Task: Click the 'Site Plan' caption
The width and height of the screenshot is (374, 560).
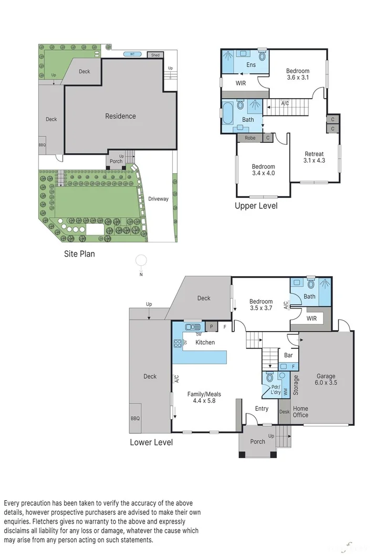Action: click(79, 254)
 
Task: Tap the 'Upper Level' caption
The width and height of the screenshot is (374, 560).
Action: click(256, 206)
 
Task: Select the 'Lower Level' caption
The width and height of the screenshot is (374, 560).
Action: click(151, 442)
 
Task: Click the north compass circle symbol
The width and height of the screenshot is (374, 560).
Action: click(142, 260)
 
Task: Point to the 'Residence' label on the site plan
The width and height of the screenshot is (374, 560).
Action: click(120, 116)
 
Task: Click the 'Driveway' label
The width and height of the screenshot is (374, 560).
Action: click(159, 199)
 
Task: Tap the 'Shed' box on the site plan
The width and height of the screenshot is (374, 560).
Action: click(155, 55)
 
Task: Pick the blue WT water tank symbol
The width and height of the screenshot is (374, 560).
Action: click(132, 54)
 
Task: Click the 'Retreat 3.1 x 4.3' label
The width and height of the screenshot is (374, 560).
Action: click(314, 157)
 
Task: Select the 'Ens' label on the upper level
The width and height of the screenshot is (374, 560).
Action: click(251, 65)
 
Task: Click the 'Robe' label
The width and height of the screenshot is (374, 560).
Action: click(250, 138)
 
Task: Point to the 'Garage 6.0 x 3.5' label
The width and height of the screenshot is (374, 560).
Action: click(326, 379)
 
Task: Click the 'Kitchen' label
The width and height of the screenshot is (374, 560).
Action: click(205, 342)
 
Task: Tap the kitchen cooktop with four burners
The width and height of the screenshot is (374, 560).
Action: click(178, 343)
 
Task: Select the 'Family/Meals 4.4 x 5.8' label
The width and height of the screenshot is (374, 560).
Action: click(204, 397)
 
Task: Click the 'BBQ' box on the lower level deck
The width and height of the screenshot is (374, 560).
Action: click(135, 418)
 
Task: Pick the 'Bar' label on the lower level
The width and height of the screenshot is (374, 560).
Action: click(288, 355)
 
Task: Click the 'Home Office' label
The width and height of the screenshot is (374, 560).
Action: click(300, 412)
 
